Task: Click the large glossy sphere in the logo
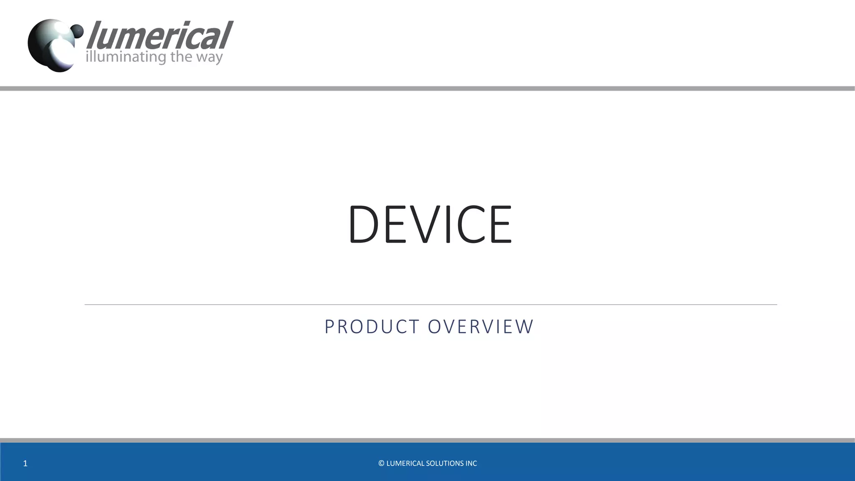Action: point(50,46)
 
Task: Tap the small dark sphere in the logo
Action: point(77,30)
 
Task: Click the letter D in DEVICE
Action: point(363,224)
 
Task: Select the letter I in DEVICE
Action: point(448,224)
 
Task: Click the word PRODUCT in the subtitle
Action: point(372,327)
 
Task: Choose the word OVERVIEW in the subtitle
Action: point(481,327)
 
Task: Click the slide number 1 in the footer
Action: point(25,463)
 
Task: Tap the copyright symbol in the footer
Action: point(381,463)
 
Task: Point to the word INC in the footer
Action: point(471,463)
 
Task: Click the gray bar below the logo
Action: point(427,89)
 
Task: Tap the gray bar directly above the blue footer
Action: point(427,440)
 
